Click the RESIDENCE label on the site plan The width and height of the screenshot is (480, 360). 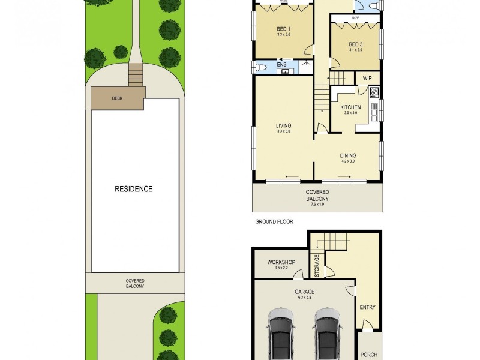[x=133, y=189]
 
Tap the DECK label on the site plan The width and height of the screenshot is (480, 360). [x=117, y=99]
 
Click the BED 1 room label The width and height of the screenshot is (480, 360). [x=284, y=29]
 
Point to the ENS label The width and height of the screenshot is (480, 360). [x=281, y=64]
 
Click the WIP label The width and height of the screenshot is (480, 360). [x=368, y=79]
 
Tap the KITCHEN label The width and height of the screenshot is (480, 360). [x=350, y=107]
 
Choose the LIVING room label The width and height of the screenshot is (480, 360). [x=283, y=126]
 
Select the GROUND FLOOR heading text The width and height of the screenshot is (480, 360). [x=273, y=221]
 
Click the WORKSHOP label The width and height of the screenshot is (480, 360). [x=281, y=262]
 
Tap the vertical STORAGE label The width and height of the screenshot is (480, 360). [x=316, y=265]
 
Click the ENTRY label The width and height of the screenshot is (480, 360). [x=367, y=308]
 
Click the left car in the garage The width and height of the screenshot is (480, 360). [x=281, y=335]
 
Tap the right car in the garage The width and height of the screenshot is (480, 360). [x=326, y=335]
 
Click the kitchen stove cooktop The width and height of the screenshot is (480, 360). [x=374, y=92]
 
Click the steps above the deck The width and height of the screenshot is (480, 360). [x=136, y=76]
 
